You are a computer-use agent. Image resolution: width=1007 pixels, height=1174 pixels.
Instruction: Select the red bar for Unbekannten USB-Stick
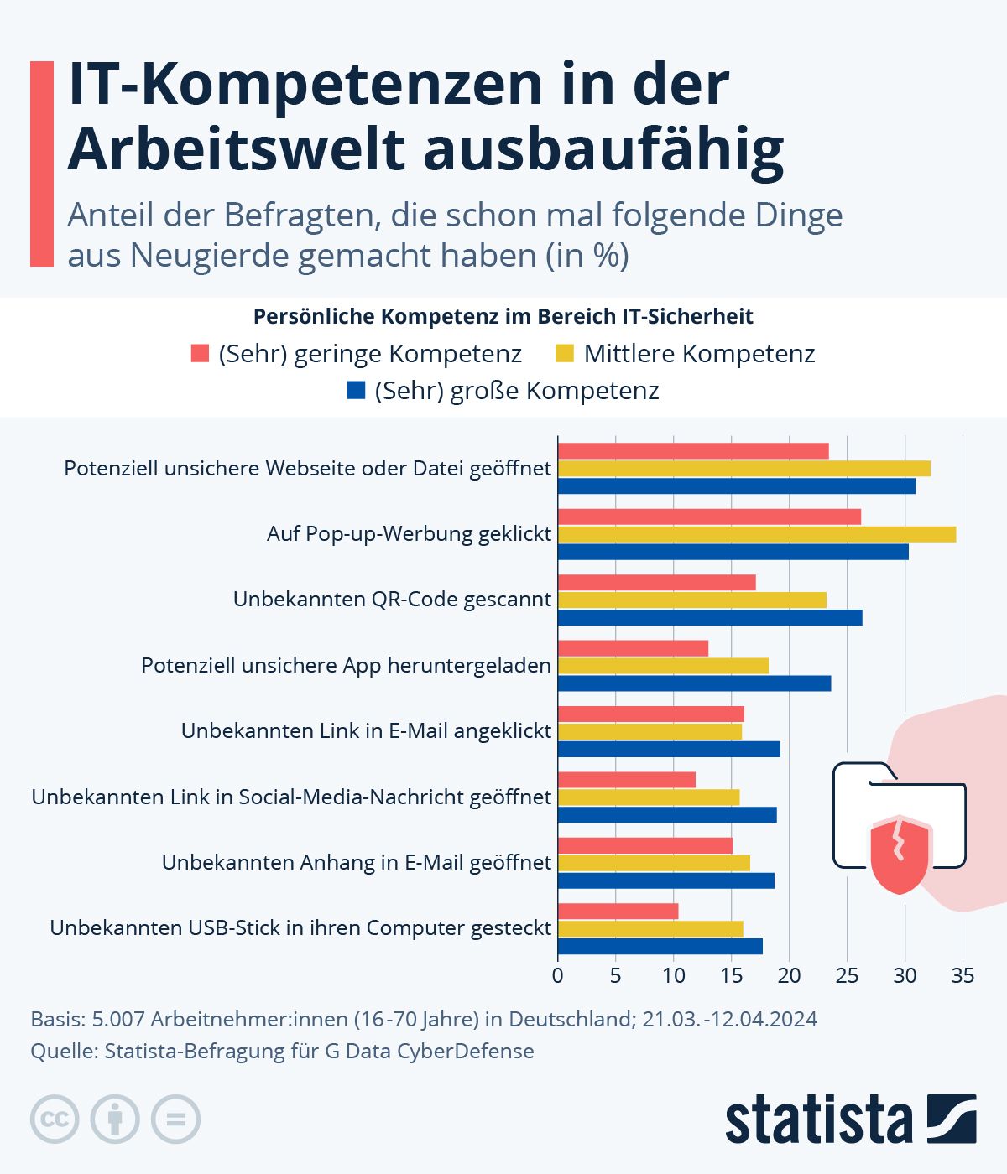[x=618, y=911]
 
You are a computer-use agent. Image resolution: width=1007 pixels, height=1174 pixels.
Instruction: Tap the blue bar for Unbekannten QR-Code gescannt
[x=710, y=618]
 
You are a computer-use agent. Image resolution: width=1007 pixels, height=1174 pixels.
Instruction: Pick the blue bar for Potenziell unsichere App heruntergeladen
[x=695, y=683]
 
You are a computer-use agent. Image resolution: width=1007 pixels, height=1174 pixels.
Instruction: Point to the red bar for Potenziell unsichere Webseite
[x=693, y=451]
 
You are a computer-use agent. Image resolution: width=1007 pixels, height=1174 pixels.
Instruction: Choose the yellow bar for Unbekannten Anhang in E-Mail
[x=654, y=863]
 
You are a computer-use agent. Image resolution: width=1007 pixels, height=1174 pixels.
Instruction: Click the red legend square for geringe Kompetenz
[x=200, y=353]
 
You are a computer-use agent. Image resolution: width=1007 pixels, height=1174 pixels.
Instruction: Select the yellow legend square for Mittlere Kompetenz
[x=565, y=353]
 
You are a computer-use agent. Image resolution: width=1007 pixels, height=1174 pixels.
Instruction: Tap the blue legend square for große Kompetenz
[x=356, y=391]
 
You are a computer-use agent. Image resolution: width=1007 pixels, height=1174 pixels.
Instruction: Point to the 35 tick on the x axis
[x=963, y=975]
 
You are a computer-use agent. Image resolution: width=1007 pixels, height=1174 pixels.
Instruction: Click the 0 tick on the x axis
[x=558, y=975]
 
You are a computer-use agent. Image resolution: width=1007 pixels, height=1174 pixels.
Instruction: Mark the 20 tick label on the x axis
[x=790, y=975]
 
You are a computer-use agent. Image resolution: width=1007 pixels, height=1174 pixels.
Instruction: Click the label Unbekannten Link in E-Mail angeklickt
[x=366, y=730]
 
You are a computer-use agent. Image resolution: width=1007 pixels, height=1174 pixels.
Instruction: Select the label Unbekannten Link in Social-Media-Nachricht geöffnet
[x=291, y=797]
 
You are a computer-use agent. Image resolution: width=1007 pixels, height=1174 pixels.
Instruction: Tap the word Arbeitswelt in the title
[x=237, y=149]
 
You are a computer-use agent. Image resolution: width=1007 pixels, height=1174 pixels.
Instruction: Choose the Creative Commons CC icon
[x=55, y=1119]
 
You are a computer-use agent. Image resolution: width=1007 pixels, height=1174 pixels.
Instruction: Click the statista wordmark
[x=818, y=1119]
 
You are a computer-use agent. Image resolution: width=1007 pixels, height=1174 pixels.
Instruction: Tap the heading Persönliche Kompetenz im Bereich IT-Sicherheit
[x=503, y=317]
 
